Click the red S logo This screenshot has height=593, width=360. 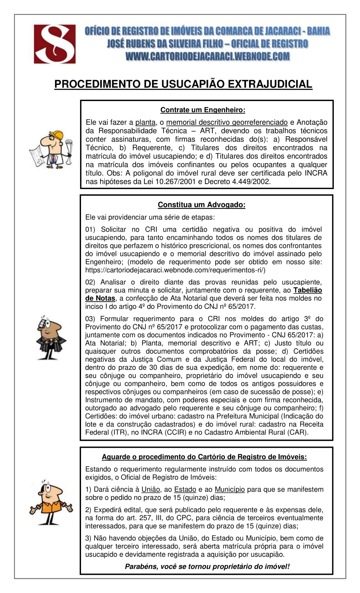click(55, 44)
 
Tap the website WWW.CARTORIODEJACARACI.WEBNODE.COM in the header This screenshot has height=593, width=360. click(208, 56)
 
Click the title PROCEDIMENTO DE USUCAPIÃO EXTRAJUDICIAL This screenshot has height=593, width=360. click(183, 84)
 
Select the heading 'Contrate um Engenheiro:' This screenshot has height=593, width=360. click(203, 110)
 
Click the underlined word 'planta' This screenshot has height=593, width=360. click(145, 123)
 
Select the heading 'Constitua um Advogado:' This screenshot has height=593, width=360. click(201, 205)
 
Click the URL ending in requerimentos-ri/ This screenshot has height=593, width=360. click(175, 270)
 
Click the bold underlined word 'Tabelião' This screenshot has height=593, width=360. click(307, 290)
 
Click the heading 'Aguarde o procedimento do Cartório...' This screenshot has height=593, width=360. click(204, 457)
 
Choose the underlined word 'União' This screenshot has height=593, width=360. click(151, 490)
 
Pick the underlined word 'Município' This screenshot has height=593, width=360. click(230, 490)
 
